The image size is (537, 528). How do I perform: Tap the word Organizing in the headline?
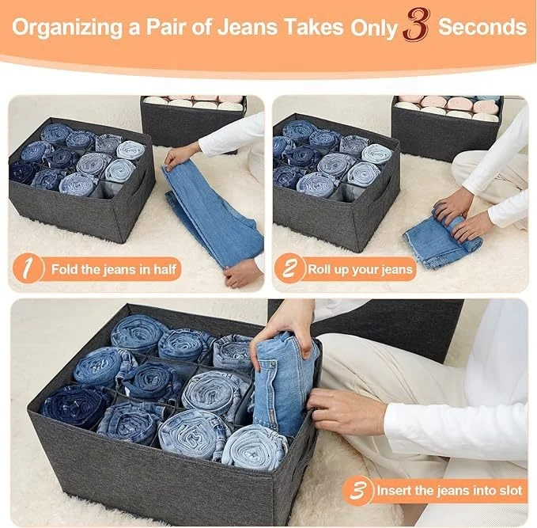pos(62,27)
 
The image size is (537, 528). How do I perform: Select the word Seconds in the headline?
pos(482,27)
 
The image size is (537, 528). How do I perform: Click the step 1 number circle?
pos(28,269)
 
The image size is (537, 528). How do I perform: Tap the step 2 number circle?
pos(289,269)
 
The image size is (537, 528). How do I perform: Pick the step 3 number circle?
pos(358,490)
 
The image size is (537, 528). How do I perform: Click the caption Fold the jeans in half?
pos(115,269)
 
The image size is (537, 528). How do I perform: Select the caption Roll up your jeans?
pos(360,269)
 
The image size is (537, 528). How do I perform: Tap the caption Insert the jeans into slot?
pos(449,491)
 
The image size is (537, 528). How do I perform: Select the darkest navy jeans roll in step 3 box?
pos(75,404)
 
